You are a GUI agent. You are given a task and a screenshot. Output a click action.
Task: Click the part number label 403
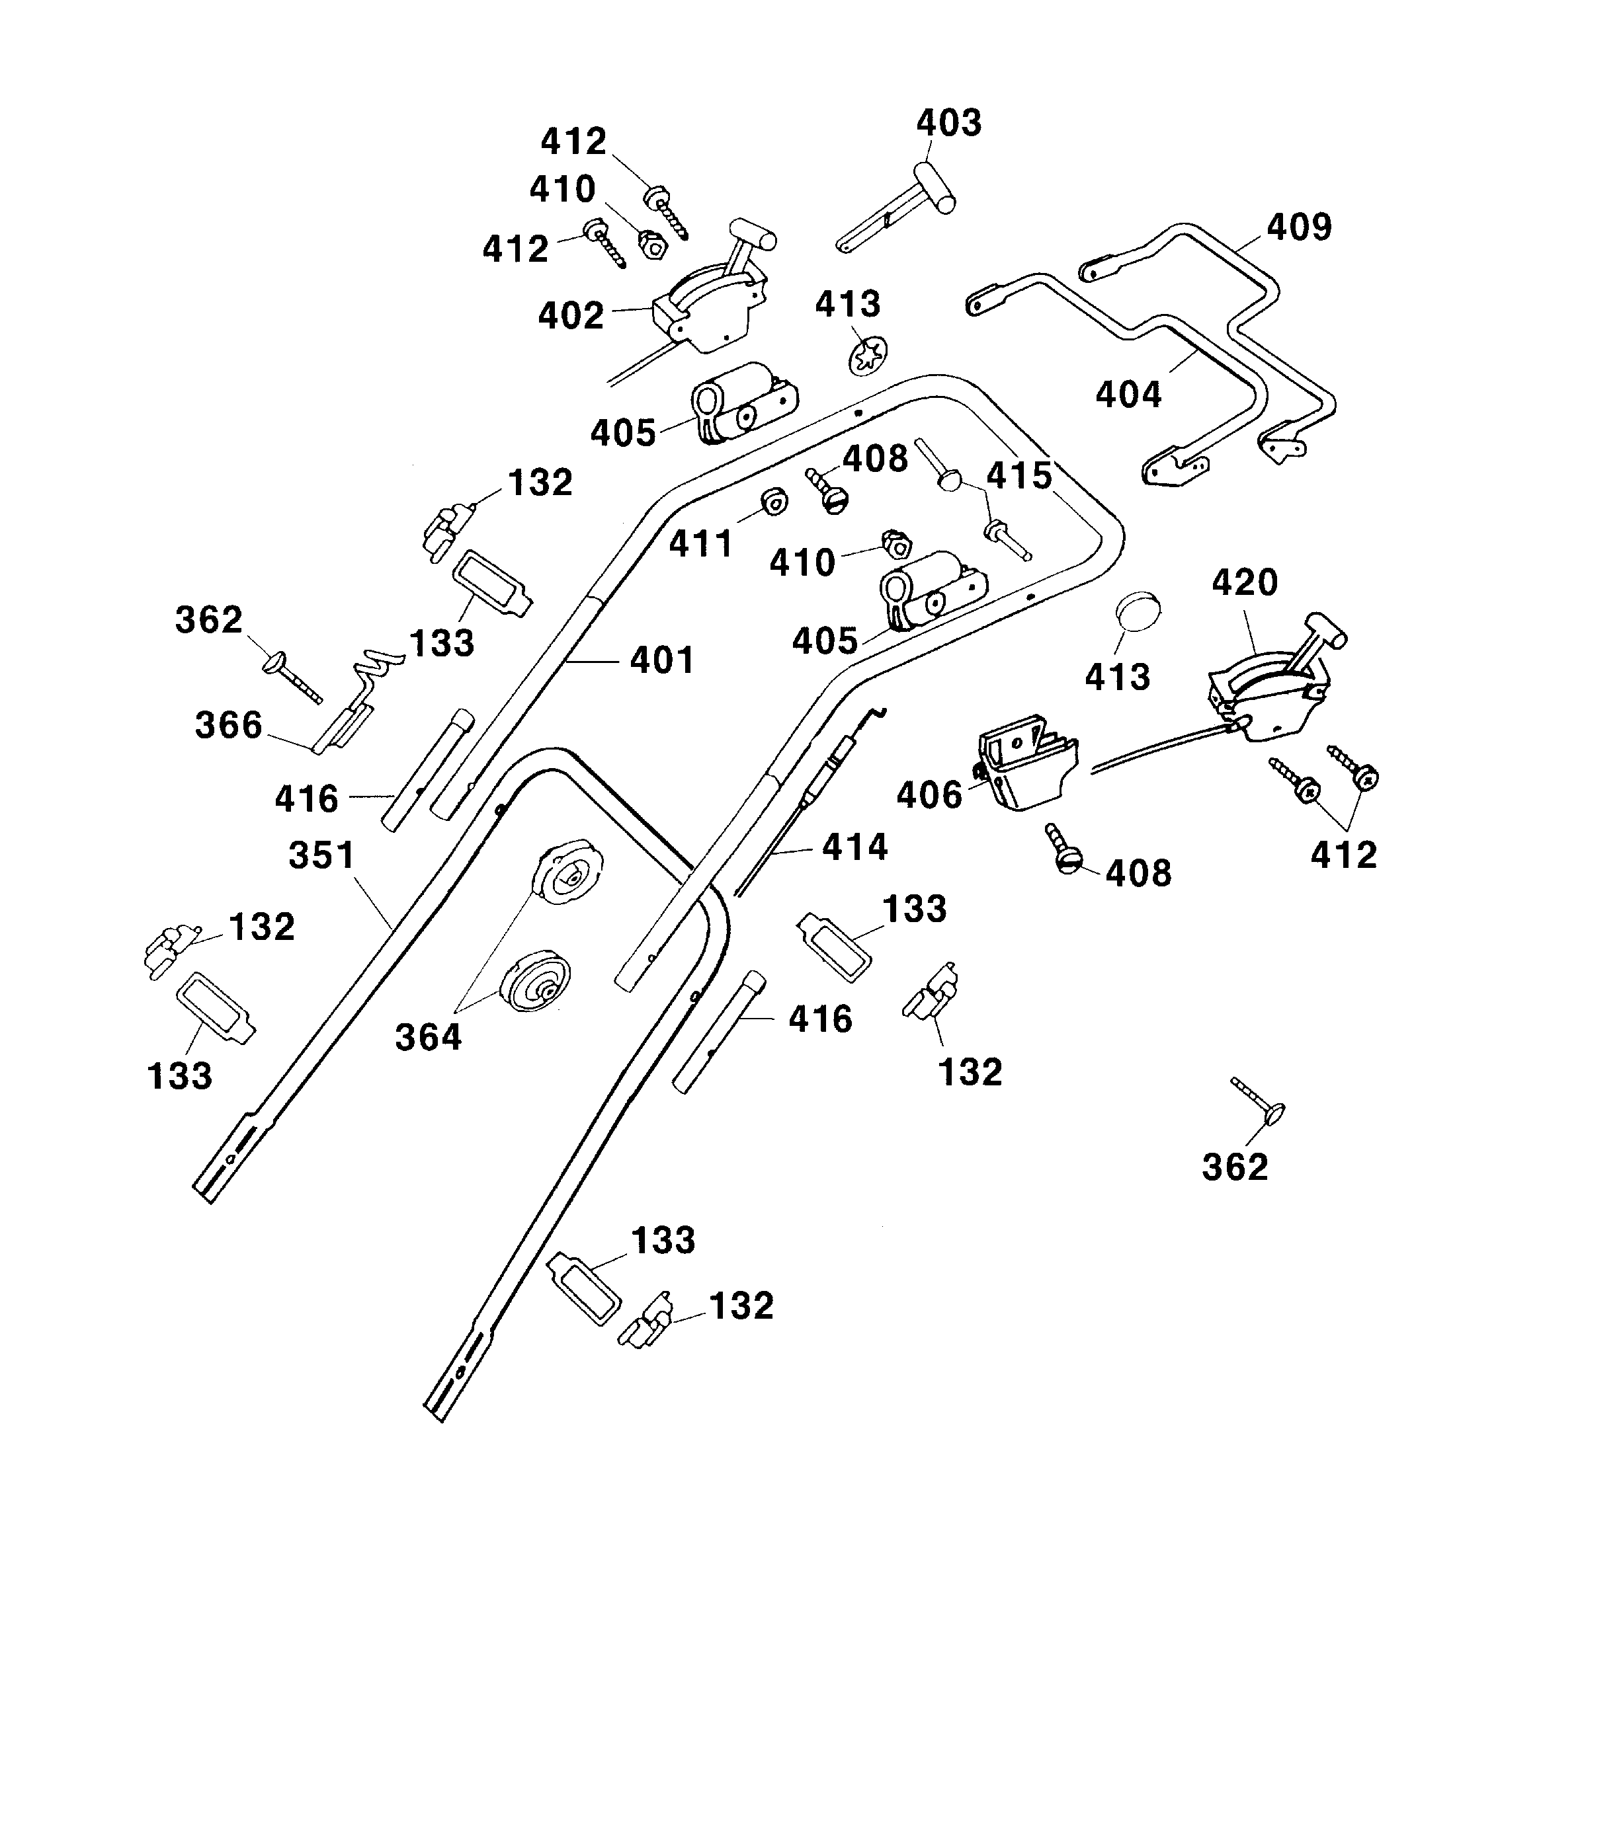(949, 124)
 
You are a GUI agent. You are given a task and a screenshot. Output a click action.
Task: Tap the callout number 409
(1300, 228)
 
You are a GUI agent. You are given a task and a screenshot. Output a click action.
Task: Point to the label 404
(1128, 394)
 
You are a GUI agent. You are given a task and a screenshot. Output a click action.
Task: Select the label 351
(322, 855)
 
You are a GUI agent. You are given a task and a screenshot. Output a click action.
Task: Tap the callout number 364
(429, 1038)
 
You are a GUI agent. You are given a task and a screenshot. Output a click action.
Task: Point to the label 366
(229, 725)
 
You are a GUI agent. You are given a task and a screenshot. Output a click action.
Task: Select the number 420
(1245, 584)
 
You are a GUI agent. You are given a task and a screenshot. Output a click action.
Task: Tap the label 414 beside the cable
(855, 847)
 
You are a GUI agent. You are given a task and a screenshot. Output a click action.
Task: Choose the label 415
(1019, 477)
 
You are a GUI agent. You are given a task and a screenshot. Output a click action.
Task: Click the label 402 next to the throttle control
(571, 317)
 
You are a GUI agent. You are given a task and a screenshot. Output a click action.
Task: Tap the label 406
(929, 796)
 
